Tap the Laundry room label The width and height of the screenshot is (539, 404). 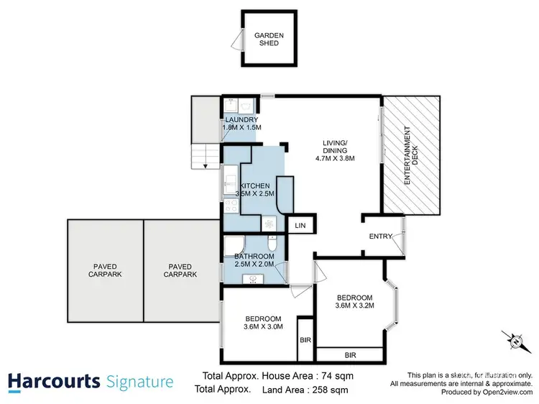[241, 119]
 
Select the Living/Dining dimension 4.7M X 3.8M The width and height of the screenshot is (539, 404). [336, 158]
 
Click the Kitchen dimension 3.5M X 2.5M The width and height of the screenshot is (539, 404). [255, 194]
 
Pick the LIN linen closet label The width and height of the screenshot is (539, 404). [300, 226]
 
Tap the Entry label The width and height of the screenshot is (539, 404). [380, 237]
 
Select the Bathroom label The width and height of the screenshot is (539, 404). [254, 257]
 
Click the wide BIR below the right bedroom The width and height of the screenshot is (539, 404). [350, 355]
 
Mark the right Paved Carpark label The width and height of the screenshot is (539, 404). [180, 270]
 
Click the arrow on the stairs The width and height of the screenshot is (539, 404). [206, 165]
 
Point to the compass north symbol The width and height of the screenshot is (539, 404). [515, 338]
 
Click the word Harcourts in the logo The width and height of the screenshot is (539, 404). [53, 381]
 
